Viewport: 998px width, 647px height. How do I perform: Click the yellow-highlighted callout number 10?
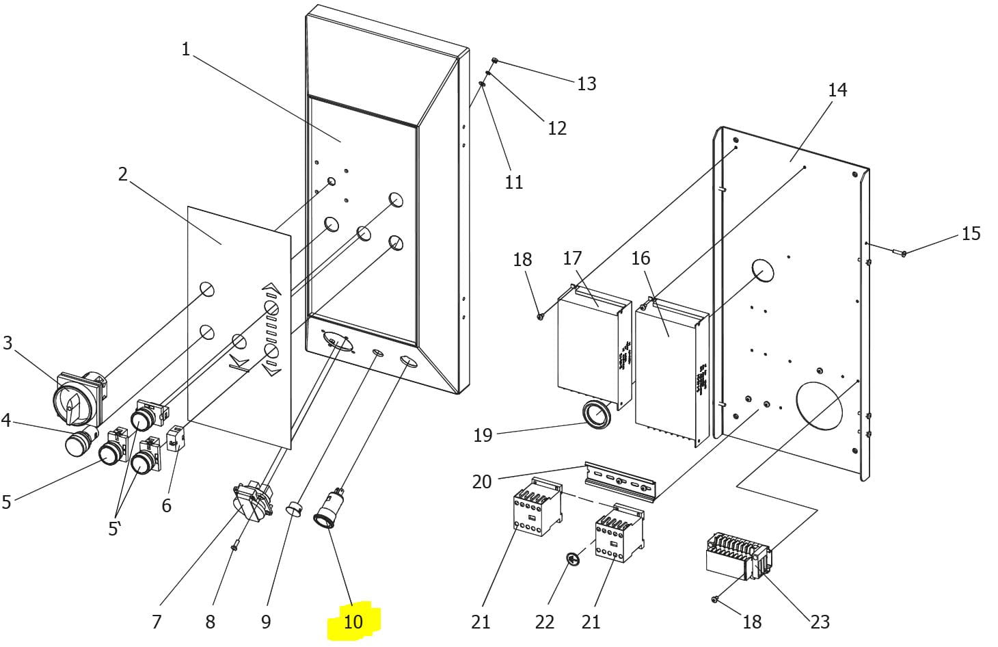tap(353, 622)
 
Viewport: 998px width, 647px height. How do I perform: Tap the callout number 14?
tap(837, 90)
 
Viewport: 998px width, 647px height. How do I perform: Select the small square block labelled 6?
tap(175, 438)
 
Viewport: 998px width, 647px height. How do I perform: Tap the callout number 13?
tap(586, 84)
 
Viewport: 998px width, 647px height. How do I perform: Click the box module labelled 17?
tap(595, 346)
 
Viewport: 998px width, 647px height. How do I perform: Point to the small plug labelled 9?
tap(293, 507)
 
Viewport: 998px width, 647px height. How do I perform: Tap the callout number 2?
tap(122, 174)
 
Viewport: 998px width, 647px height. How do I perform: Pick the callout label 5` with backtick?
tap(114, 529)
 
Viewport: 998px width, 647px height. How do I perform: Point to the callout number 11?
tap(514, 182)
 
